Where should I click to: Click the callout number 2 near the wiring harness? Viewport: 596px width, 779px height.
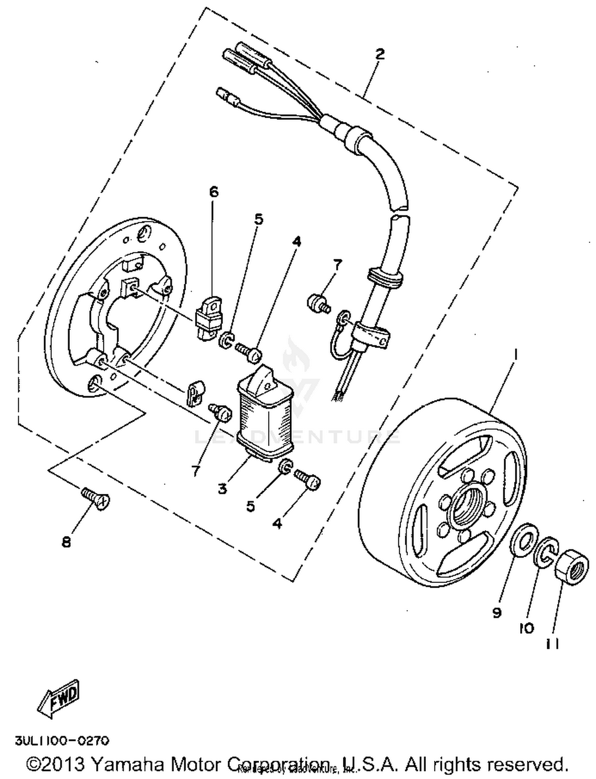380,54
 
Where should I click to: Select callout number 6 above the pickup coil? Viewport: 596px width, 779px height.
214,192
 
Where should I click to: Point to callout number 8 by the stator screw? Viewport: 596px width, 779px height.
66,542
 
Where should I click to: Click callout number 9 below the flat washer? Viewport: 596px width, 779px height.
497,613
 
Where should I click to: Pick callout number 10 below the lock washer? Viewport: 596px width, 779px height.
526,628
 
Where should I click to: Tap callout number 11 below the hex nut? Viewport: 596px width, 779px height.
552,643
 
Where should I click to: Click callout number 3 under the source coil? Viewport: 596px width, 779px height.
223,489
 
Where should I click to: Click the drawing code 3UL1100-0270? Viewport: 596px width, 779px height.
62,741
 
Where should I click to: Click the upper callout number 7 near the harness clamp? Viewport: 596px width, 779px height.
337,264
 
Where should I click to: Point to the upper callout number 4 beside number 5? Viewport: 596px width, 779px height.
297,241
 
